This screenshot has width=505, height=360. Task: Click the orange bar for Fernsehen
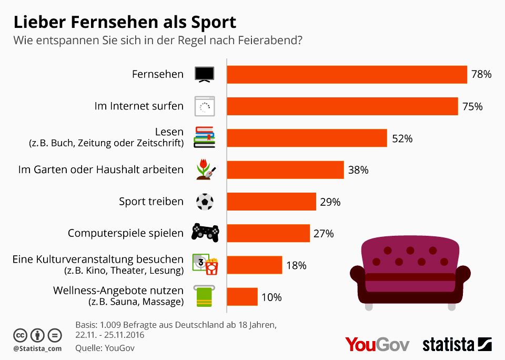[x=347, y=75]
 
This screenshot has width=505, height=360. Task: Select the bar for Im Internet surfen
[x=342, y=106]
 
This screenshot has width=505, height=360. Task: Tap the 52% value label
[x=402, y=138]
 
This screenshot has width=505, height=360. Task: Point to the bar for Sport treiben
[x=271, y=202]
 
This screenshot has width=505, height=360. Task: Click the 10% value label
[x=271, y=297]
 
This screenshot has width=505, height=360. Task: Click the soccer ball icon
[x=204, y=202]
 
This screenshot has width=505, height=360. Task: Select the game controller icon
[x=205, y=232]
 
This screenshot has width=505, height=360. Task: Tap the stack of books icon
[x=204, y=137]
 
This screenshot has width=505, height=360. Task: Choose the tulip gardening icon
[x=205, y=169]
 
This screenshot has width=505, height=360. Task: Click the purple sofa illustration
[x=410, y=274]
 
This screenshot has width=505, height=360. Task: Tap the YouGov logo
[x=377, y=345]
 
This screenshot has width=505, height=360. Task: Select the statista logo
[x=457, y=345]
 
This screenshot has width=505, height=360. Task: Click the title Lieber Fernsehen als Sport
[x=125, y=23]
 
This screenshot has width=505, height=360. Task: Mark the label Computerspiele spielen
[x=126, y=233]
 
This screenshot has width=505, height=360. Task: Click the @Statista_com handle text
[x=37, y=348]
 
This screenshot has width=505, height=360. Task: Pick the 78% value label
[x=481, y=75]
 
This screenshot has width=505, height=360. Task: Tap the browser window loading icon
[x=204, y=106]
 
